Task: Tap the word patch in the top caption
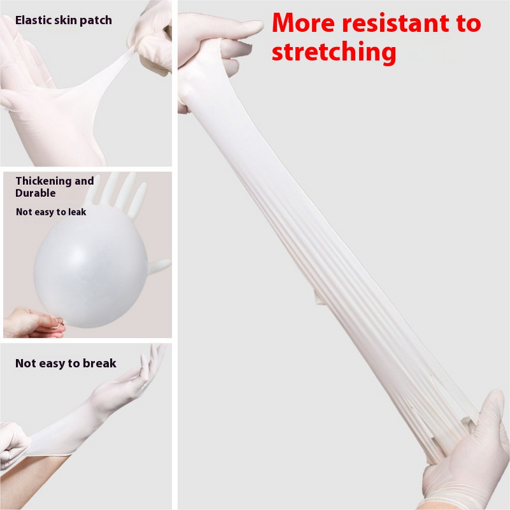click(97, 20)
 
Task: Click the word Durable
click(36, 193)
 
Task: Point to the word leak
click(75, 212)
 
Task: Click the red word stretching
click(334, 52)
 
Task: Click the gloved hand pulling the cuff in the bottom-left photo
click(14, 446)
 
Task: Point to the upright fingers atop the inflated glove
click(121, 191)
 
